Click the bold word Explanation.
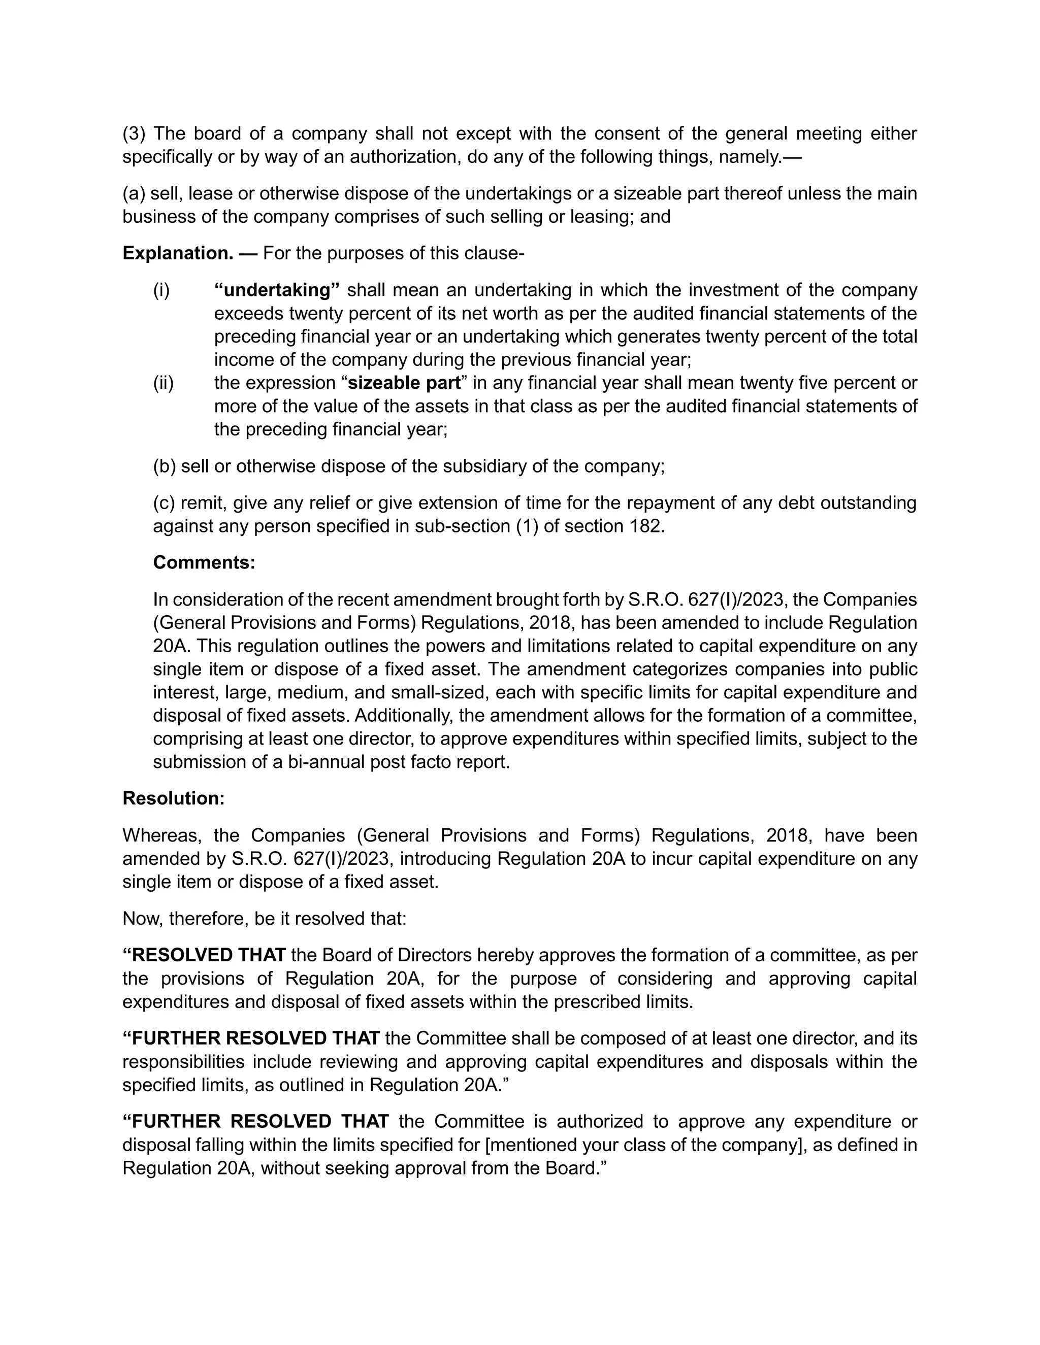click(177, 253)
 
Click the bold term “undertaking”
click(277, 290)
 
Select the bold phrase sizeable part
click(404, 383)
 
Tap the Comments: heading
click(203, 562)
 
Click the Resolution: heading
click(173, 798)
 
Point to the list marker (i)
click(161, 290)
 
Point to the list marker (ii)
click(164, 383)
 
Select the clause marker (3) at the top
click(133, 133)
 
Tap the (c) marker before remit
click(164, 502)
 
